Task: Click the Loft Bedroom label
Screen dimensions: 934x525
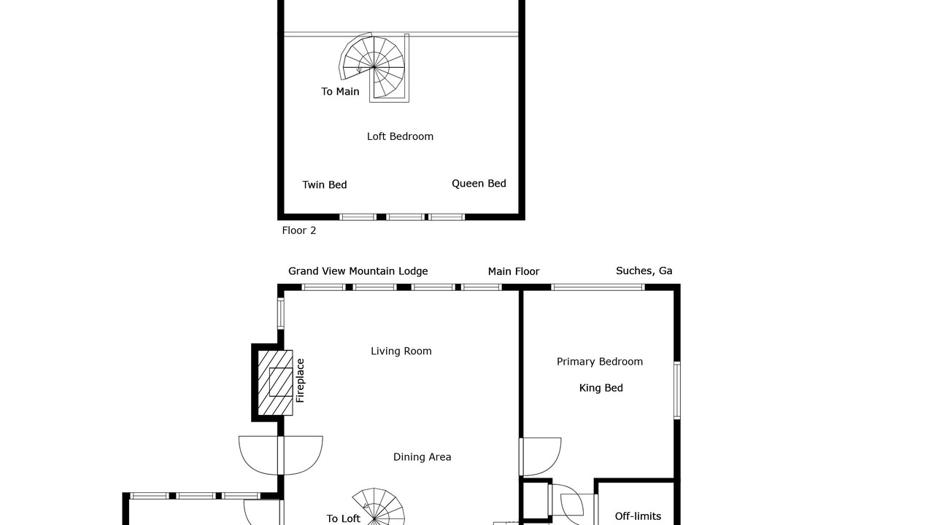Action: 400,136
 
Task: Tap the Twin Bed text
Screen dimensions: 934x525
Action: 325,184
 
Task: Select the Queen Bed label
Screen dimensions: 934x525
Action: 479,183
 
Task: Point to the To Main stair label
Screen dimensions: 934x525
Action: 340,91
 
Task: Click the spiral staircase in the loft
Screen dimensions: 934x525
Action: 374,67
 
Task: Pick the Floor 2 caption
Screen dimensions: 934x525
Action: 299,230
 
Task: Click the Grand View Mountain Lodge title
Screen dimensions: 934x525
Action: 358,271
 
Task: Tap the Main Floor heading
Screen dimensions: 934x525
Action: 513,272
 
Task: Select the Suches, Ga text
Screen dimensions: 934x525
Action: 644,271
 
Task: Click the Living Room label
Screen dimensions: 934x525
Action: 401,351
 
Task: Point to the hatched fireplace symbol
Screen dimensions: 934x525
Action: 275,383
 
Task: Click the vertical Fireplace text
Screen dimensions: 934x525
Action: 300,381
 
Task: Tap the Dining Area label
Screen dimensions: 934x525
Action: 422,457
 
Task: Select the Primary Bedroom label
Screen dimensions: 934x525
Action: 600,362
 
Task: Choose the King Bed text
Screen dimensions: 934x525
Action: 601,388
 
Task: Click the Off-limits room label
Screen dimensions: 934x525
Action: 638,516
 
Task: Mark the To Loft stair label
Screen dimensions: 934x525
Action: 343,518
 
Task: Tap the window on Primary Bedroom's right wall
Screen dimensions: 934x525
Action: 677,390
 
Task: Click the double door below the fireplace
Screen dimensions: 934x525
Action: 281,456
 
